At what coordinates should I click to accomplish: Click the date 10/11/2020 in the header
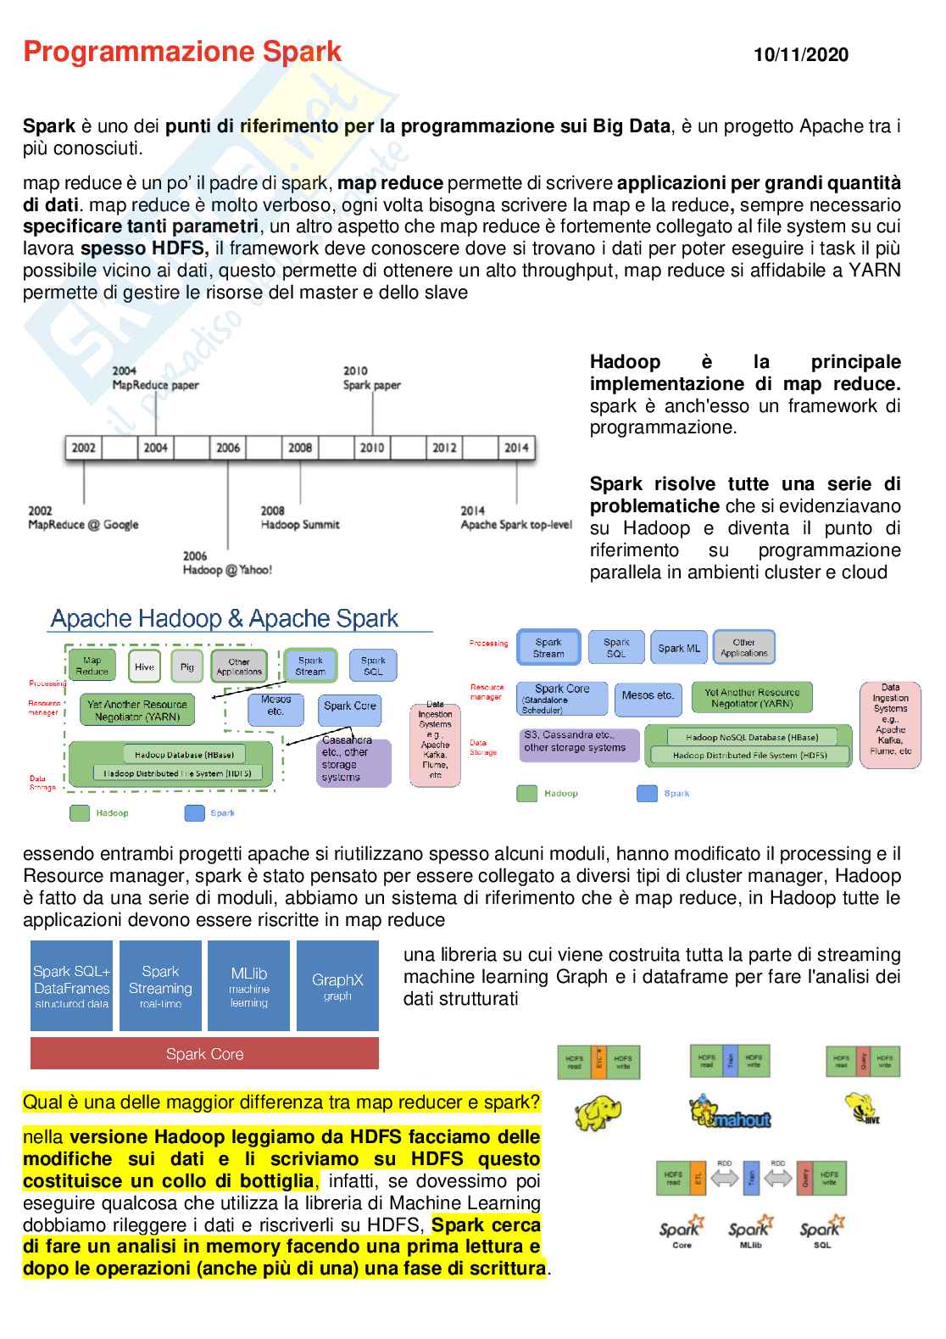pyautogui.click(x=800, y=55)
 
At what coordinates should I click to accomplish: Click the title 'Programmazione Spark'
pyautogui.click(x=182, y=52)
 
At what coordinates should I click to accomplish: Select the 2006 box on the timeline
pyautogui.click(x=228, y=447)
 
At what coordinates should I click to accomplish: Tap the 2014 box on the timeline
pyautogui.click(x=516, y=447)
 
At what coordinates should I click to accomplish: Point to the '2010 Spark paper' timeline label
pyautogui.click(x=371, y=378)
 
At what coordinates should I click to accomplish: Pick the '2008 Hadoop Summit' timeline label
pyautogui.click(x=299, y=517)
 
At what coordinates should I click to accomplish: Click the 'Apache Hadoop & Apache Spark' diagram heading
pyautogui.click(x=225, y=618)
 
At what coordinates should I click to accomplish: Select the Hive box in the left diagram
pyautogui.click(x=145, y=667)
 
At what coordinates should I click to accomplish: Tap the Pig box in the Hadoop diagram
pyautogui.click(x=187, y=667)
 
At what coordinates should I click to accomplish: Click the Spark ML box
pyautogui.click(x=679, y=648)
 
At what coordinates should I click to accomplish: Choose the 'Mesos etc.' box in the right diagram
pyautogui.click(x=648, y=696)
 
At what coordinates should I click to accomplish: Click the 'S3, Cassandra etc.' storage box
pyautogui.click(x=578, y=743)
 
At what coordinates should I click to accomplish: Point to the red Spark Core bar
pyautogui.click(x=204, y=1054)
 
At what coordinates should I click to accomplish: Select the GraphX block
pyautogui.click(x=337, y=985)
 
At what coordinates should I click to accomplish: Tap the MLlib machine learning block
pyautogui.click(x=248, y=985)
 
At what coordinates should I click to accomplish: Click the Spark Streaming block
pyautogui.click(x=160, y=985)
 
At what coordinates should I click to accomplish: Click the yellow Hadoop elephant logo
pyautogui.click(x=598, y=1113)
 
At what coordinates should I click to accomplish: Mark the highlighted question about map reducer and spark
pyautogui.click(x=281, y=1102)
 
